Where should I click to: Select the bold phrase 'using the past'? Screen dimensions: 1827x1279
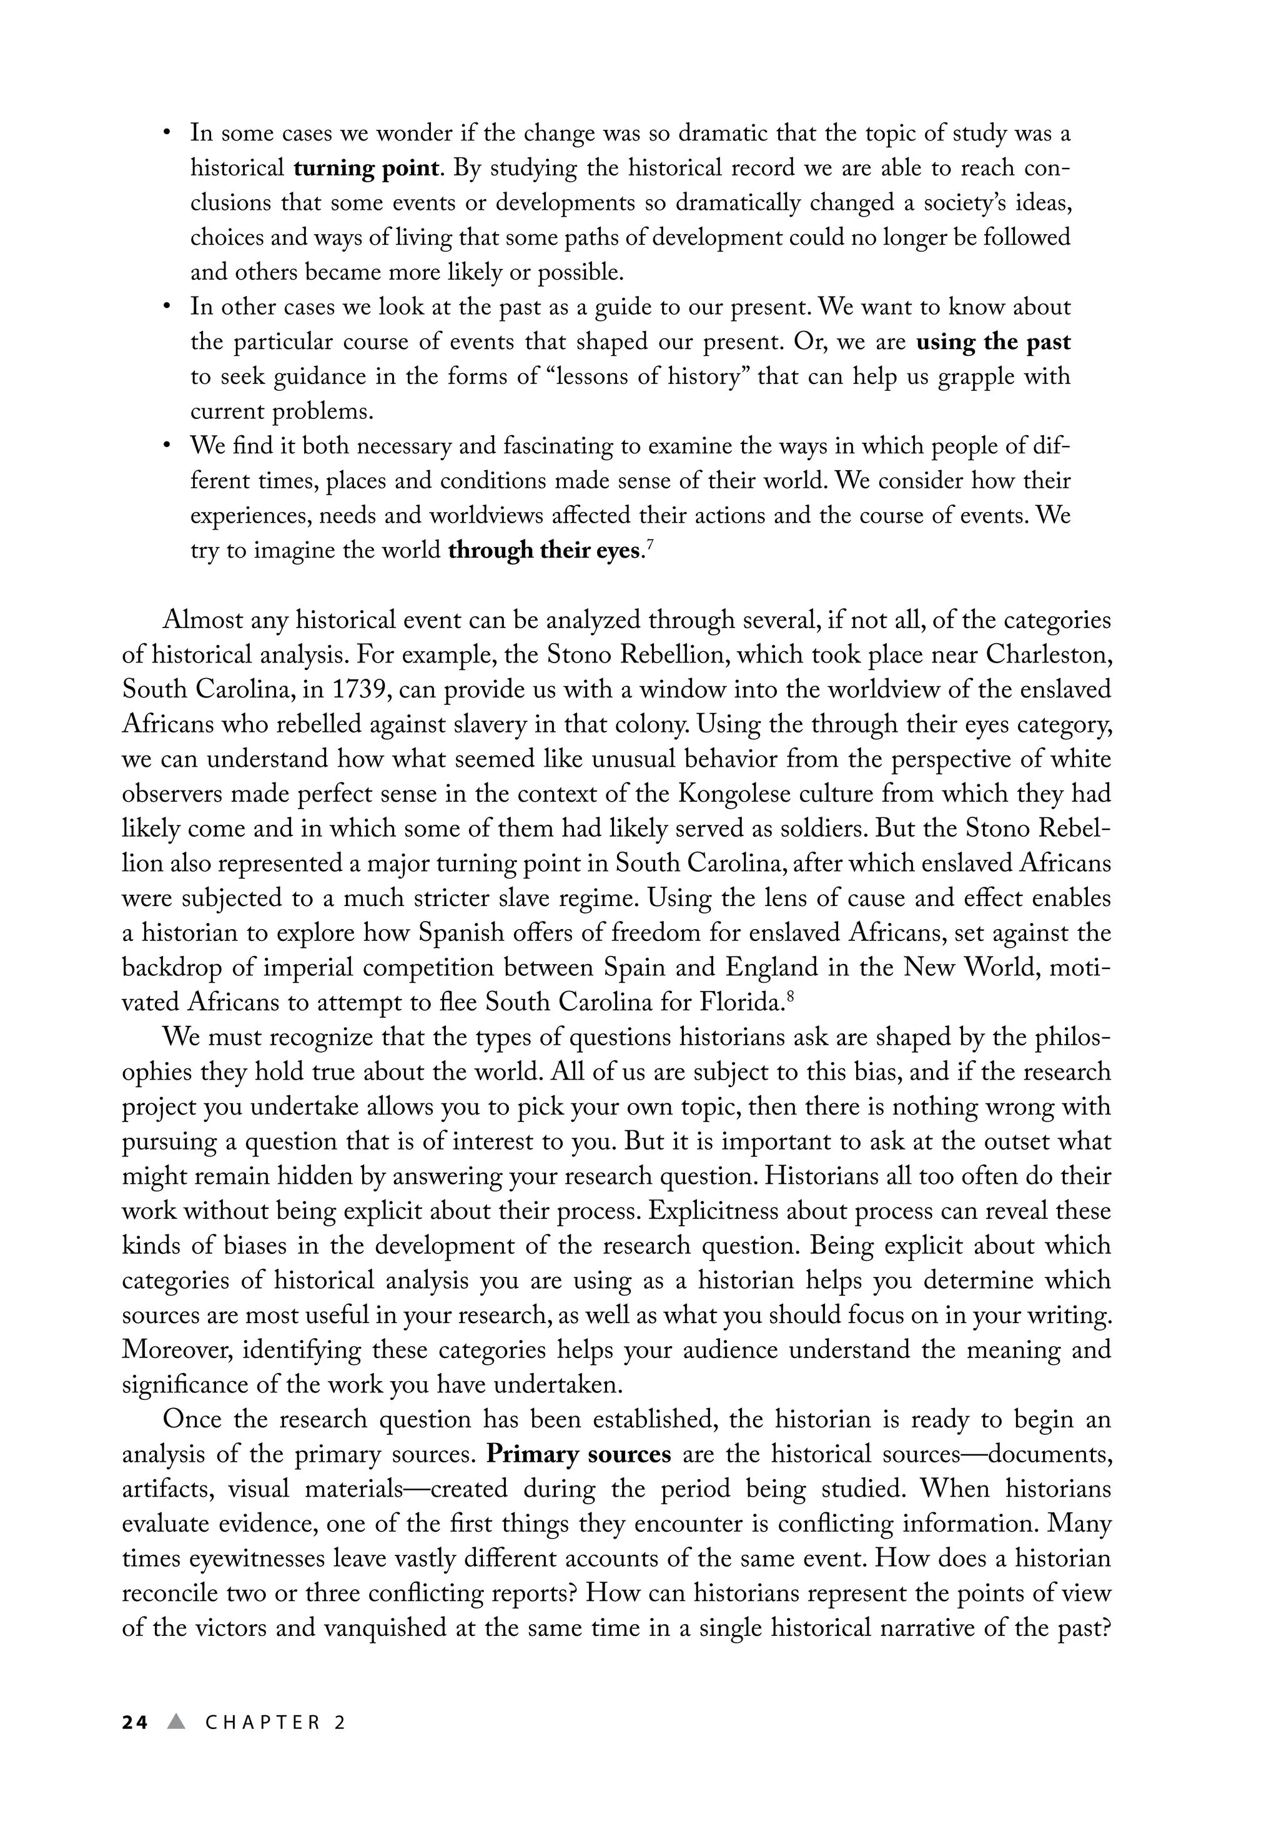point(993,342)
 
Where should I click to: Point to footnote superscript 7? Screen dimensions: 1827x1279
point(651,544)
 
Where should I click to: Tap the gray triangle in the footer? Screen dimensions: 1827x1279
point(177,1722)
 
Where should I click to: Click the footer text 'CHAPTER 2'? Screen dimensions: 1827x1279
point(275,1723)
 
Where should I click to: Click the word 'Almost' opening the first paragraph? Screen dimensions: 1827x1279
point(202,620)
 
